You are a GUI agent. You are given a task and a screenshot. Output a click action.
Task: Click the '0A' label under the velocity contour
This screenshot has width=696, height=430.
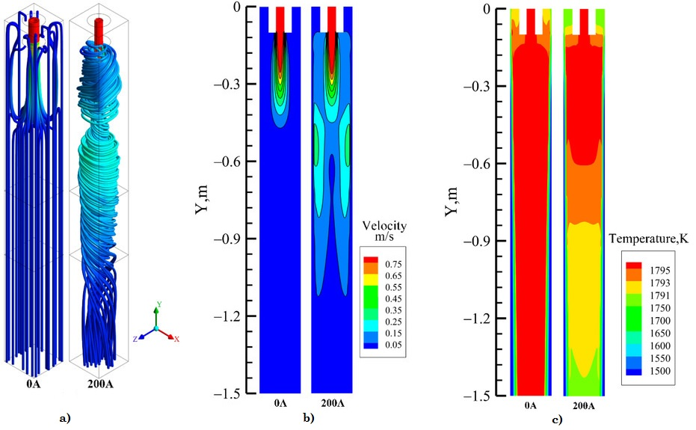tap(280, 404)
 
